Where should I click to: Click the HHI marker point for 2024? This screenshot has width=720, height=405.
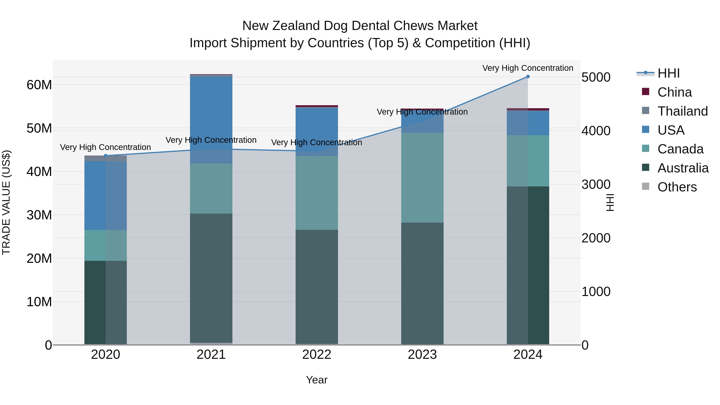pos(528,77)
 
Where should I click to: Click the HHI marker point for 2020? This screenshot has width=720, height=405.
pos(105,156)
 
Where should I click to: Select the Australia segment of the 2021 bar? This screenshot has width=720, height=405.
pos(211,278)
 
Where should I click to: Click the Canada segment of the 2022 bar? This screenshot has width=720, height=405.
pos(317,193)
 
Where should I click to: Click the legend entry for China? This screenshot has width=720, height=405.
pos(674,92)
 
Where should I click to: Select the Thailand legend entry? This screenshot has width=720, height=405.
pos(682,111)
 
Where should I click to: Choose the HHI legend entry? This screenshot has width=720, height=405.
pos(668,73)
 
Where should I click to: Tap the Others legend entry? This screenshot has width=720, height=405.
pos(677,187)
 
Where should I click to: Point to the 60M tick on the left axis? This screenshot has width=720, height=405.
pos(39,85)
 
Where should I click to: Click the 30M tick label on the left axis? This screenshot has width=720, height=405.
pos(39,215)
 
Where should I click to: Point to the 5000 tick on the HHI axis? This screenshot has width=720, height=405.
pos(596,77)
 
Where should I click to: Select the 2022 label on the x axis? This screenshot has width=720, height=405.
pos(317,355)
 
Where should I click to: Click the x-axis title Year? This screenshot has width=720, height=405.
pos(317,380)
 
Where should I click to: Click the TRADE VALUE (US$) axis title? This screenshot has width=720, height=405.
pos(6,202)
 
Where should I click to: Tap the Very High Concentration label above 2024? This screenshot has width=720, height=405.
pos(528,68)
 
